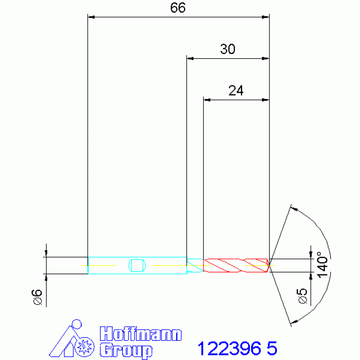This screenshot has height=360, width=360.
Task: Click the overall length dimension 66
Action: point(178,8)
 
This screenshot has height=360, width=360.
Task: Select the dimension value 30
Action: point(228,49)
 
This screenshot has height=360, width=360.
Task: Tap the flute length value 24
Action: point(236,91)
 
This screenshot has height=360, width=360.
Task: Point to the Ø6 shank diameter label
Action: point(37,297)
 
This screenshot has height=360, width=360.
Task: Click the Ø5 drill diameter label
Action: point(302,296)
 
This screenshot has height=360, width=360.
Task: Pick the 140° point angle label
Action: point(322,265)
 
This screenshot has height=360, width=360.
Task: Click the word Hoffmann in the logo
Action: point(141,334)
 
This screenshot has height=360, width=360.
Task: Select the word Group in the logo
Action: point(126,350)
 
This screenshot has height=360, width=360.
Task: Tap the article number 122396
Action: point(230,348)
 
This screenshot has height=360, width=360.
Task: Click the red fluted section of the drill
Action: point(236,265)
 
